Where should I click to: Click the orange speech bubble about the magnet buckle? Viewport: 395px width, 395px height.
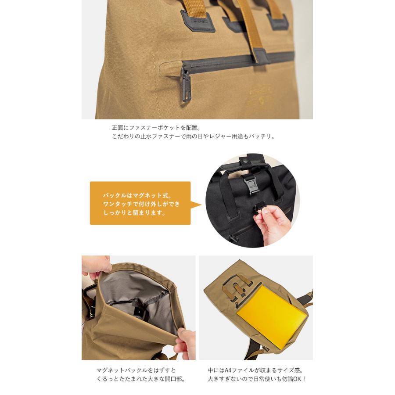[x=140, y=203]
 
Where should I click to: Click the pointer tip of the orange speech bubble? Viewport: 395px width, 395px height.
[x=201, y=204]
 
